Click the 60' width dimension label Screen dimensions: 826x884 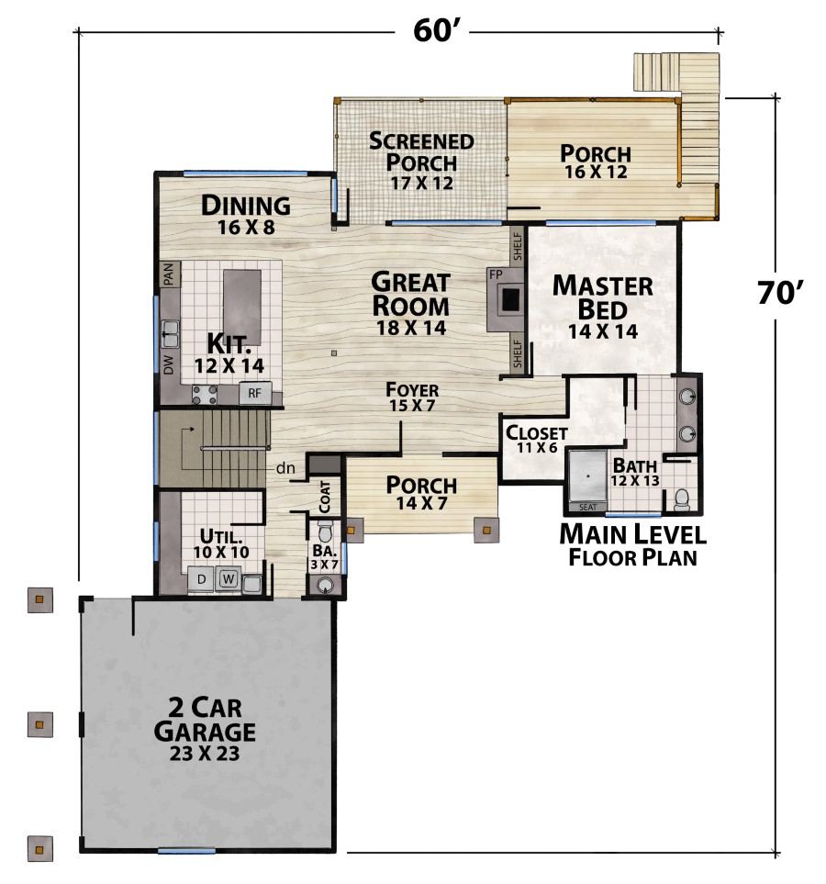click(432, 30)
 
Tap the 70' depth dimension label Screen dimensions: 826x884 click(780, 293)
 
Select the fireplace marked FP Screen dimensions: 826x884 click(506, 299)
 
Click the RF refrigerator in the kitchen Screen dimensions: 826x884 click(255, 393)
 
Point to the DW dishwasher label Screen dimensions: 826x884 click(169, 364)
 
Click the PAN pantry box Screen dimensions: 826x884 click(169, 274)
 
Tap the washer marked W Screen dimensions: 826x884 click(228, 579)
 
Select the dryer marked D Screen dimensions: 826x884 click(201, 579)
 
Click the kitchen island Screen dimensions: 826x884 click(242, 308)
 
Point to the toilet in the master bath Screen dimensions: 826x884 click(682, 499)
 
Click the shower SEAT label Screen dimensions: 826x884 click(587, 507)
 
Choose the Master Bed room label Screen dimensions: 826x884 click(603, 308)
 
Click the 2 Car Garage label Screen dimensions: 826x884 click(205, 729)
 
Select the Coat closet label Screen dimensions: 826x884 click(325, 497)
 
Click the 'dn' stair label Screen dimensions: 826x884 click(285, 468)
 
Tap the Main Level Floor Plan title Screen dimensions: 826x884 click(632, 545)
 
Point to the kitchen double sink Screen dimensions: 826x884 click(171, 333)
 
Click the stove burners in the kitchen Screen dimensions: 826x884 click(204, 394)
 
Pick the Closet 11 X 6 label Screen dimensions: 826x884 click(537, 439)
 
